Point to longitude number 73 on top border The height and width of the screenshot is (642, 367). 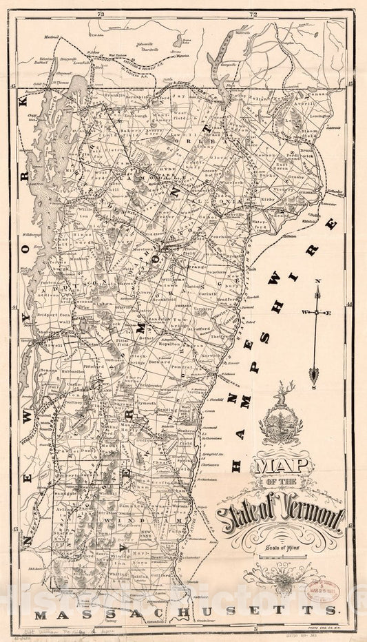(x=101, y=14)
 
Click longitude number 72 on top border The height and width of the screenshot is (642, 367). (x=253, y=14)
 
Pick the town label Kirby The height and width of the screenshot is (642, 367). (x=269, y=197)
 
